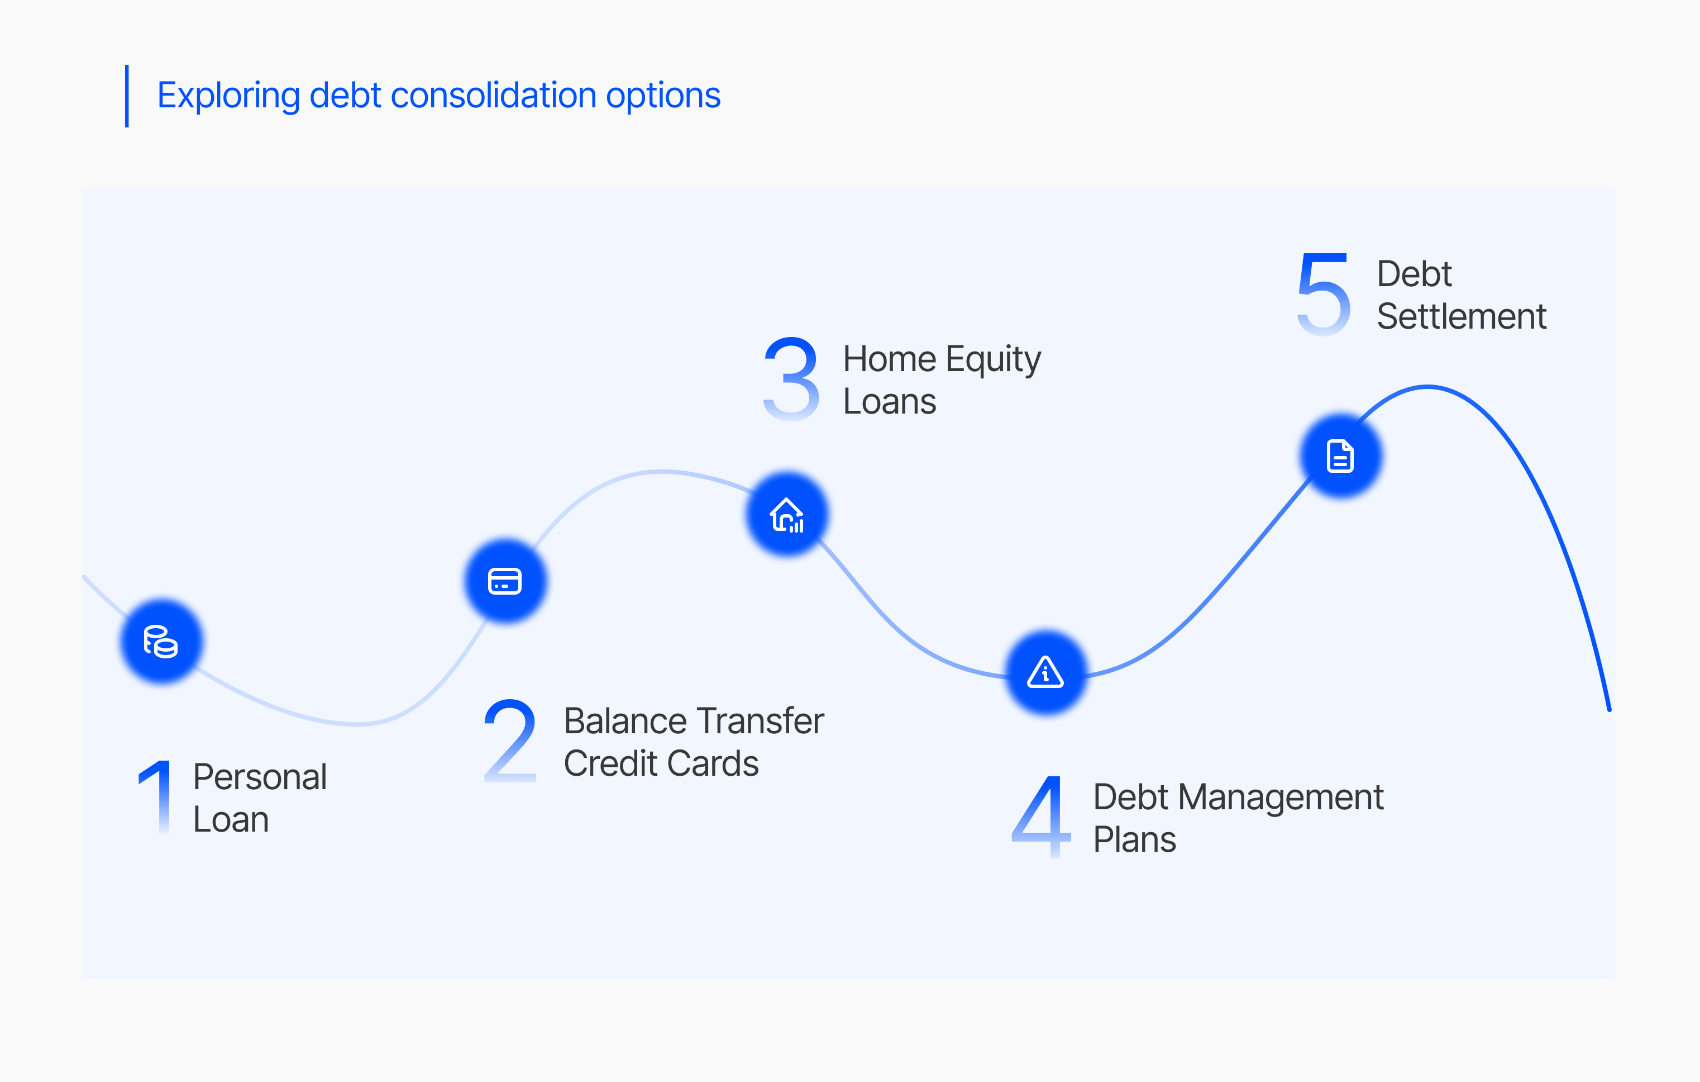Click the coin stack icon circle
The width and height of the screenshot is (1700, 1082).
coord(161,641)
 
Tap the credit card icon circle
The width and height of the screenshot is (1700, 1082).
coord(505,581)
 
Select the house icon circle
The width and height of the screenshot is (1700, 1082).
coord(787,514)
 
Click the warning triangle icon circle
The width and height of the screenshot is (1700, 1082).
coord(1046,672)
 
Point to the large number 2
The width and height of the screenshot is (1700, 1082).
coord(510,741)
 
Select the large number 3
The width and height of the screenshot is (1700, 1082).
coord(791,378)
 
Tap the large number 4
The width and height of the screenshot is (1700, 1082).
coord(1042,817)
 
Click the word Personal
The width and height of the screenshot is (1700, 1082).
coord(260,777)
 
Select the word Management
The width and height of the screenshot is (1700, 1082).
coord(1281,798)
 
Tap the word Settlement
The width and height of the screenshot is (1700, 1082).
coord(1462,316)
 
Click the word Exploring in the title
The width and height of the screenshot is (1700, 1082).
coord(229,96)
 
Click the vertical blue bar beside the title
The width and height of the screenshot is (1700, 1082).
coord(127,96)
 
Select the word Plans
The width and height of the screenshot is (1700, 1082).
coord(1134,840)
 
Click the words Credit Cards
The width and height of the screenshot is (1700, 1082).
coord(661,763)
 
